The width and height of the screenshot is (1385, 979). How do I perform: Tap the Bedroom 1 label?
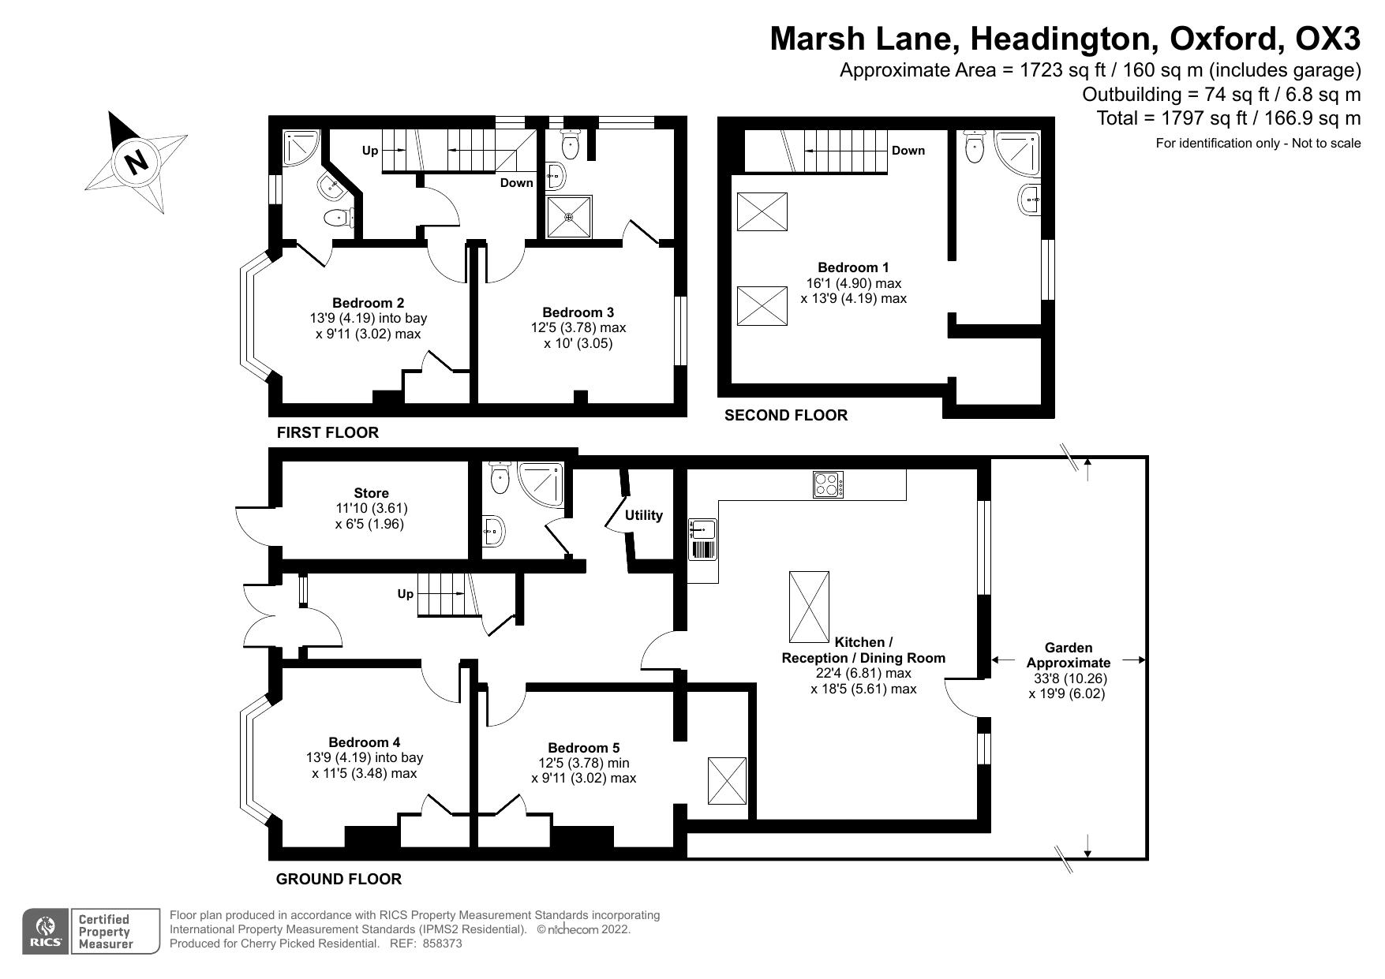tap(853, 267)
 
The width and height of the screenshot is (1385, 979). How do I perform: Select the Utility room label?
tap(643, 515)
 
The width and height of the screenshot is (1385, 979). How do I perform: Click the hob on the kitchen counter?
tap(828, 484)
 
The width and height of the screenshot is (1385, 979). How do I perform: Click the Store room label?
tap(371, 493)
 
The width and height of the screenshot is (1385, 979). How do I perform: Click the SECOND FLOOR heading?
tap(785, 415)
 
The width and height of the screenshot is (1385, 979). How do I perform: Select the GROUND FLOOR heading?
tap(339, 879)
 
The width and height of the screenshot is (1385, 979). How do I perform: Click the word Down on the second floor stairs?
tap(908, 151)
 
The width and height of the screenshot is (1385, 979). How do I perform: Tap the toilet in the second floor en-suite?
tap(977, 147)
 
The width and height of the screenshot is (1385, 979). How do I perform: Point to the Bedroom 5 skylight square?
tap(727, 780)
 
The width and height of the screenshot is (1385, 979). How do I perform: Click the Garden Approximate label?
tap(1068, 655)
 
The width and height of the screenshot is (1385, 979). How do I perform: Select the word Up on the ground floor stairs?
tap(405, 593)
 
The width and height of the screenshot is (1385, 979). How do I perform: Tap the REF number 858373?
tap(442, 943)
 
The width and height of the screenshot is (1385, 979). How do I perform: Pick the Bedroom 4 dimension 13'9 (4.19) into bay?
tap(364, 757)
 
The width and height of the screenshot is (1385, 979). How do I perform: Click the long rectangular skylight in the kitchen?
tap(809, 607)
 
